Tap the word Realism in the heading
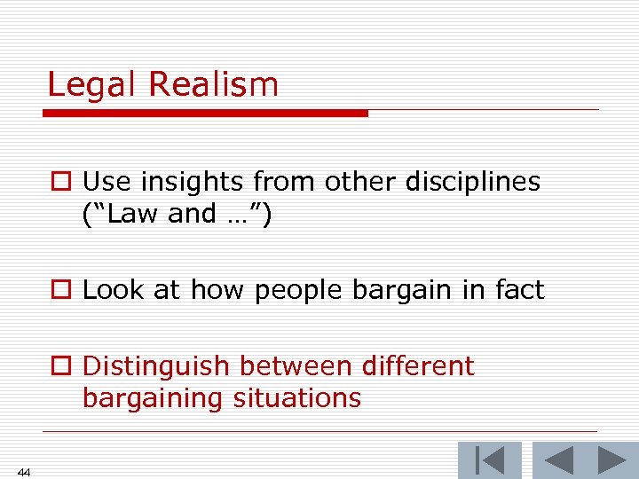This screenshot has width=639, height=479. tap(213, 85)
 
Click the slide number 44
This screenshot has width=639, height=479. tap(24, 472)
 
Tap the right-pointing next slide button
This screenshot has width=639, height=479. tap(611, 460)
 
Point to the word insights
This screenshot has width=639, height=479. tap(193, 182)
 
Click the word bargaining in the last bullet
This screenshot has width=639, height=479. tap(154, 398)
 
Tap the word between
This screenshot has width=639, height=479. tap(289, 365)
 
